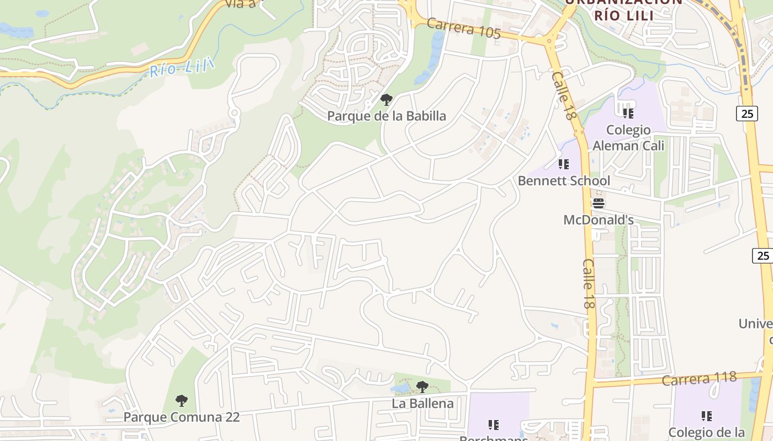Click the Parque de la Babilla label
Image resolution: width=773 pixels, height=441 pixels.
[x=386, y=116]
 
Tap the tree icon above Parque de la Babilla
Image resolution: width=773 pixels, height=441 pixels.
[x=386, y=100]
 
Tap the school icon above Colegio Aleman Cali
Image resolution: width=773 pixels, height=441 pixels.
[x=628, y=114]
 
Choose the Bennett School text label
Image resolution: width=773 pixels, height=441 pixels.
[x=564, y=181]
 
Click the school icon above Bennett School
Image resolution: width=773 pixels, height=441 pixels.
[x=563, y=164]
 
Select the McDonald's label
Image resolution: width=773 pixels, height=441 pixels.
[x=599, y=220]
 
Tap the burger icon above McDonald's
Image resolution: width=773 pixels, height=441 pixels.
[x=599, y=203]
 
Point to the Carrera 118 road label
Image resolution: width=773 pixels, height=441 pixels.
[x=699, y=379]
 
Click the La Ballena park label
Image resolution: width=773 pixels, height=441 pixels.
[x=422, y=404]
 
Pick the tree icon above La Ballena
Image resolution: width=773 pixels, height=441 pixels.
[x=422, y=387]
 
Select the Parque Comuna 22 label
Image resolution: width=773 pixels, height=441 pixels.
[x=181, y=417]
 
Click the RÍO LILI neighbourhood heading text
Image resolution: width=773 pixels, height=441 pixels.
[x=623, y=15]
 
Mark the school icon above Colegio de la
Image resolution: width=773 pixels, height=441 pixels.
[x=707, y=416]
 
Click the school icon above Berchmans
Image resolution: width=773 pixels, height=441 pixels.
[x=494, y=424]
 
